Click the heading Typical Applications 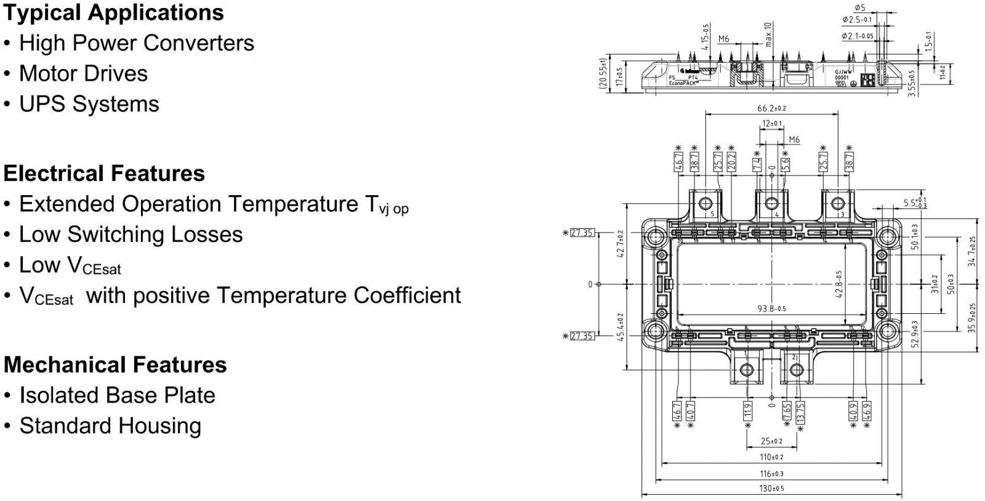113,12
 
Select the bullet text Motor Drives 83,73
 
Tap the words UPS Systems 89,104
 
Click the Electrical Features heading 104,174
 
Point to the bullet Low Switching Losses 131,234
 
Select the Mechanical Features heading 115,365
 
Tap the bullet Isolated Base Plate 117,395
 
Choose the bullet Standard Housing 110,426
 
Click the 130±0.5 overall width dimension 771,488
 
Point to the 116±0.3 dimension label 771,473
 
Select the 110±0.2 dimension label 771,457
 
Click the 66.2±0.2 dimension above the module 771,108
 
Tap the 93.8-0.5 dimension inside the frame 771,308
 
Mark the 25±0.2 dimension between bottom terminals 771,441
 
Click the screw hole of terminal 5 704,203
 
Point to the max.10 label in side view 768,34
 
